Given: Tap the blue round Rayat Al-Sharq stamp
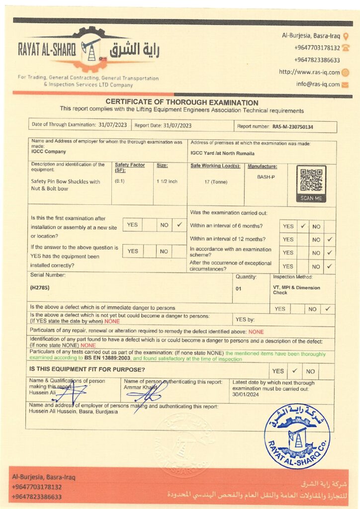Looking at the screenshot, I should tap(297, 435).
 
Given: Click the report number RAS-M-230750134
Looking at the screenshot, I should tap(293, 127).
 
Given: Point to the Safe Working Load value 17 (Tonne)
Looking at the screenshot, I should tap(216, 182).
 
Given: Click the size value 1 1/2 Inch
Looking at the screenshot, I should tap(167, 181).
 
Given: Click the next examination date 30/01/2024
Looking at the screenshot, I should tap(246, 394).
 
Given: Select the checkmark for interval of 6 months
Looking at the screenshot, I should tap(302, 226).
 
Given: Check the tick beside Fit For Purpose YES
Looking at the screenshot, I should tap(294, 371).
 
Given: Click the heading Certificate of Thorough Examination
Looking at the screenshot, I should tap(181, 102).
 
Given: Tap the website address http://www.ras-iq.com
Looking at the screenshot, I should tap(309, 72).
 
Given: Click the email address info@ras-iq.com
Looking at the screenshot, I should tap(318, 84).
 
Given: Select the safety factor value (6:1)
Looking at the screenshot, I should tap(120, 181).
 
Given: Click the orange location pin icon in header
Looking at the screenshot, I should tap(346, 36).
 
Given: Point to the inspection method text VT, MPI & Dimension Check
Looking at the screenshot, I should tap(296, 290).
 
